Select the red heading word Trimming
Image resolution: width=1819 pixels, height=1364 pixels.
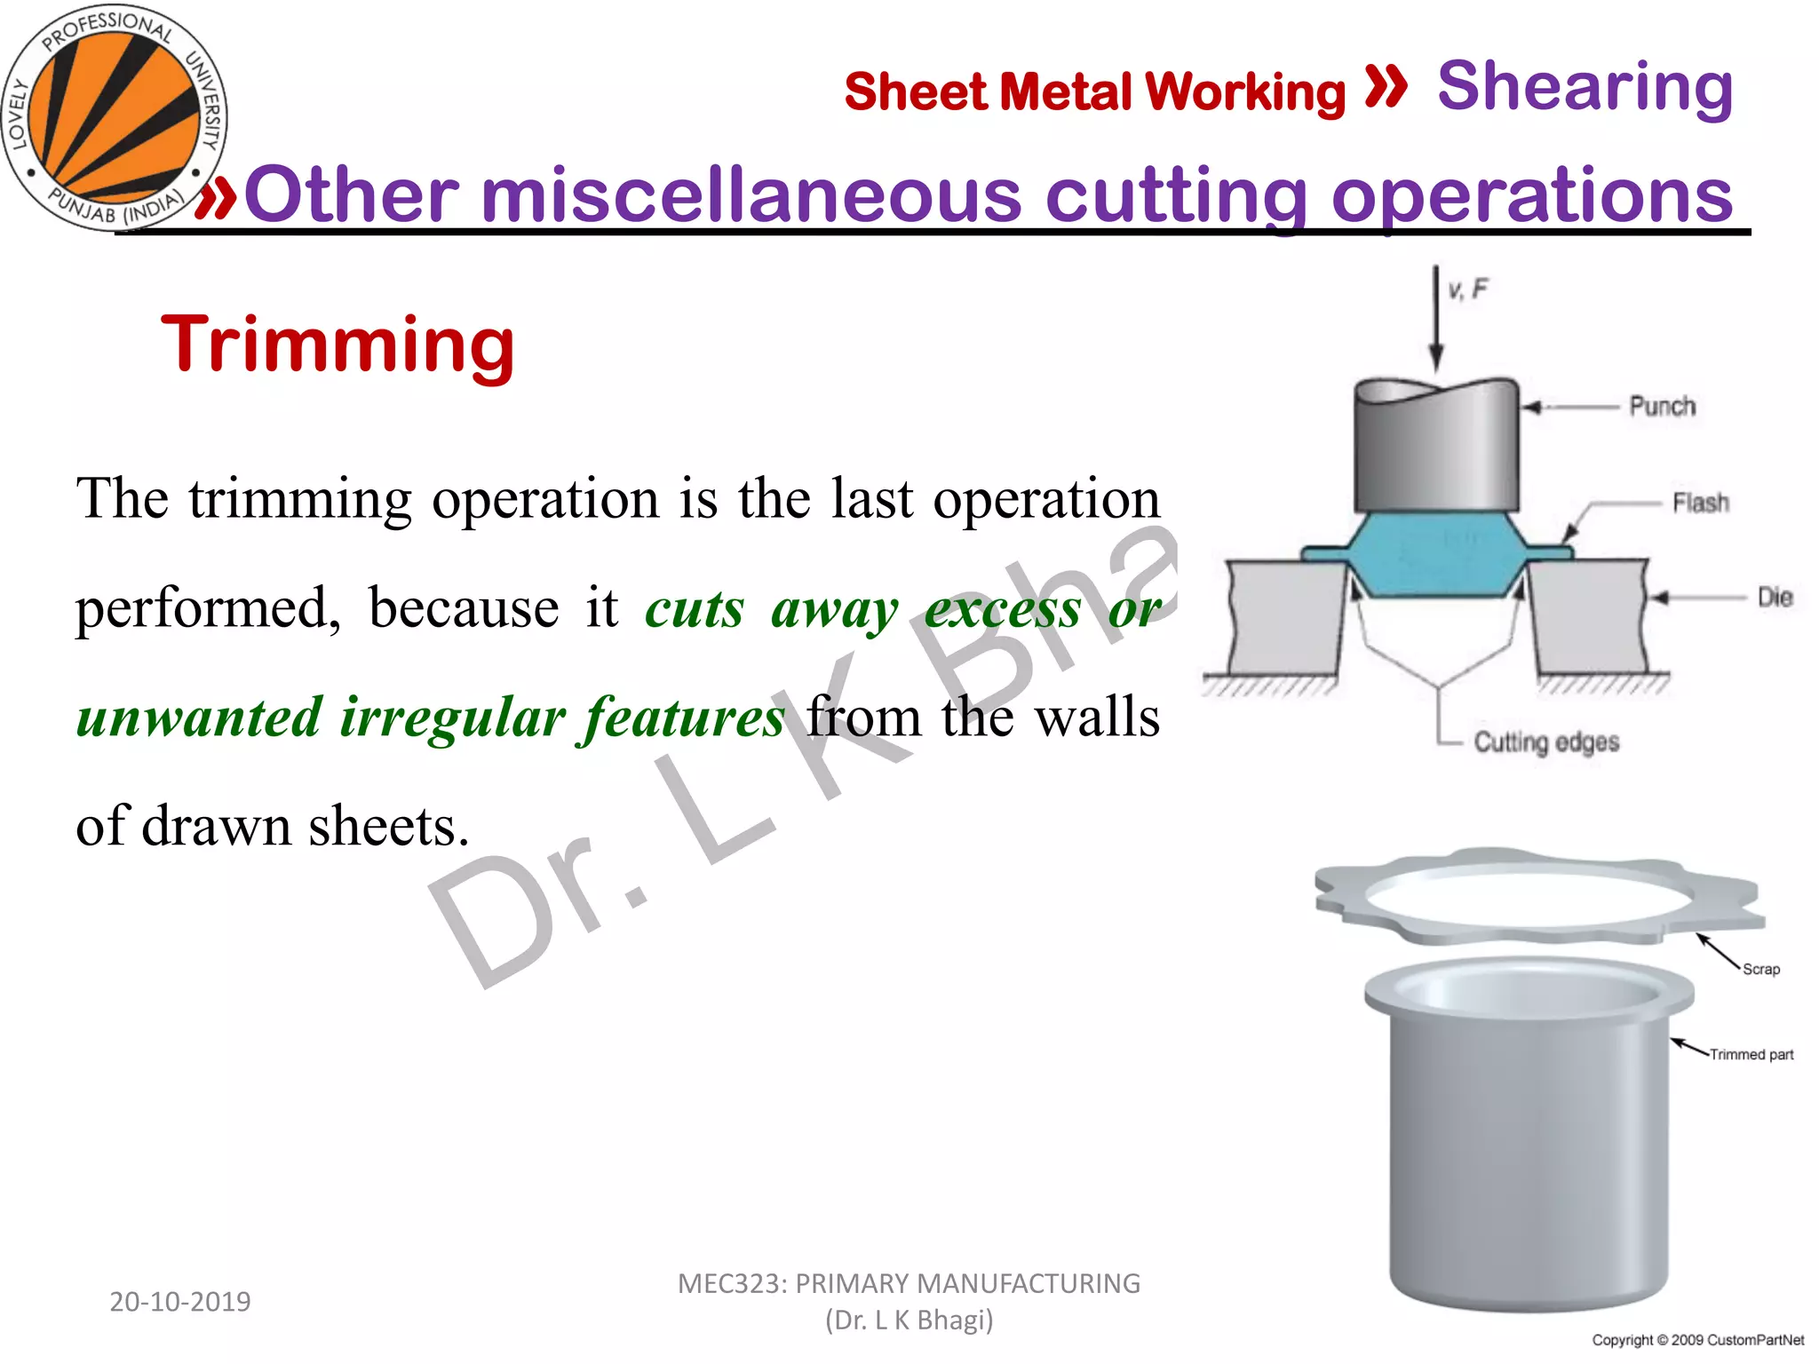tap(338, 345)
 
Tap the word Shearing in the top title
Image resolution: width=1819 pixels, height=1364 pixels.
tap(1585, 87)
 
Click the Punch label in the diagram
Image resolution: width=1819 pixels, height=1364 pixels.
tap(1662, 407)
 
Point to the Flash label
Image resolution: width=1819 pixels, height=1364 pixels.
tap(1700, 504)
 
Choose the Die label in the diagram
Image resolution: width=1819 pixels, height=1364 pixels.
tap(1775, 598)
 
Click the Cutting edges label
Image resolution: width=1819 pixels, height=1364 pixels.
tap(1545, 742)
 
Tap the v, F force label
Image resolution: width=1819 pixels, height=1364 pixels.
tap(1467, 289)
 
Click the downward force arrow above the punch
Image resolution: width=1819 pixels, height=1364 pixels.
tap(1435, 320)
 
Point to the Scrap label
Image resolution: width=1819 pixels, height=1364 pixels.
tap(1760, 970)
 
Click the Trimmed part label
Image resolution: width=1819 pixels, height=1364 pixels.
tap(1751, 1055)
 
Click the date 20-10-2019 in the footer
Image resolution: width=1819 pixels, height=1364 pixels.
tap(180, 1302)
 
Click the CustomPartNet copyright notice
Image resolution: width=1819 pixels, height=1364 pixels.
tap(1697, 1340)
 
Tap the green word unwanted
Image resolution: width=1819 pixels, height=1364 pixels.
tap(198, 718)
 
